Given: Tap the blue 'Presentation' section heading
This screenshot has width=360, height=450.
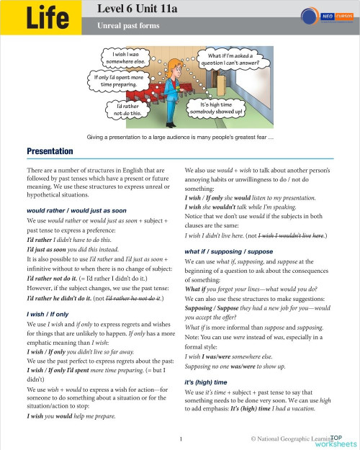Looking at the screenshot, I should click(x=50, y=151).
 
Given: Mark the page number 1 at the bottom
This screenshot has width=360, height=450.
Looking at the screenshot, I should click(x=181, y=437).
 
